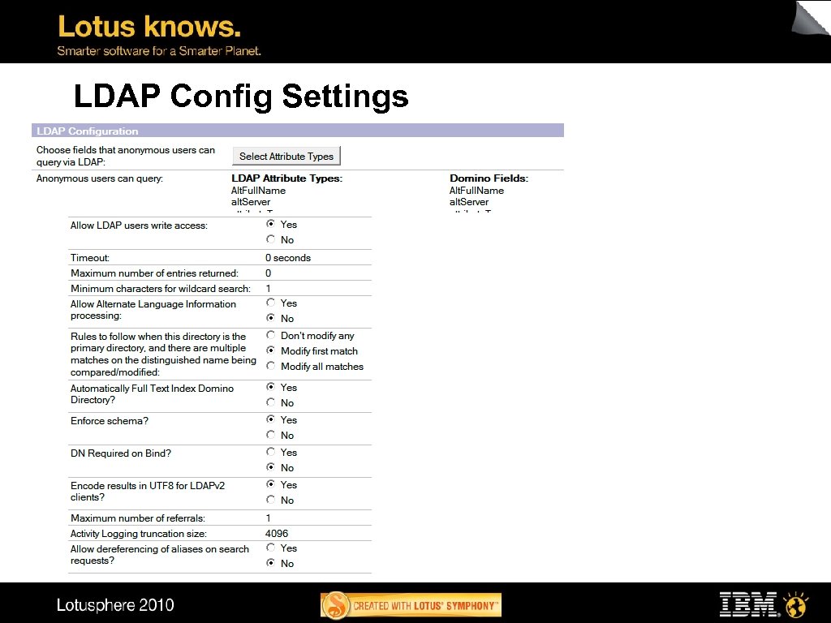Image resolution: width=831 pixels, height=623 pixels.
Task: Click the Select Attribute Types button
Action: tap(287, 157)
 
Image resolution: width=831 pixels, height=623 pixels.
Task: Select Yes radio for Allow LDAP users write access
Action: tap(270, 224)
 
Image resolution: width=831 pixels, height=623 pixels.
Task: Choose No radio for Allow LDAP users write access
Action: tap(270, 239)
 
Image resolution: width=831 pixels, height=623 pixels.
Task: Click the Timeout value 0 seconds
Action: tap(288, 258)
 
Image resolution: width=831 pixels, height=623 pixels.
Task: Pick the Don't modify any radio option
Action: tap(270, 335)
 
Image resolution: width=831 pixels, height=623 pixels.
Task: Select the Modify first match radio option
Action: tap(270, 350)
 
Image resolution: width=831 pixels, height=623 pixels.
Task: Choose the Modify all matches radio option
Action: tap(270, 366)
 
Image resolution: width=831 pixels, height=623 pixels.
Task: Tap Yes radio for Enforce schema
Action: tap(270, 419)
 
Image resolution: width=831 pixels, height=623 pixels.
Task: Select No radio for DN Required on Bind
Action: tap(270, 467)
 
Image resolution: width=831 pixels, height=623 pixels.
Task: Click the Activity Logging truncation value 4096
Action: tap(277, 534)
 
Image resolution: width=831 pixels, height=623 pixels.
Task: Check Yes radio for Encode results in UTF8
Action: tap(270, 484)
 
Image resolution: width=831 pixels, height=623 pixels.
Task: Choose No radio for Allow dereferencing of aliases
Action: tap(270, 563)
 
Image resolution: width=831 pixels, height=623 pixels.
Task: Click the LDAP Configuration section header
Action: tap(87, 131)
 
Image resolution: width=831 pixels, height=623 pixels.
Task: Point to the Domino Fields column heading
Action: tap(489, 178)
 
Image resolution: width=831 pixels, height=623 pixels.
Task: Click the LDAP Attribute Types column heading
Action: tap(286, 178)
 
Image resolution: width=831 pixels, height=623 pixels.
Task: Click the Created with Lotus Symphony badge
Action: tap(411, 605)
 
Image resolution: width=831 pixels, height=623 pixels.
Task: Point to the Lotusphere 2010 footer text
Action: tap(115, 605)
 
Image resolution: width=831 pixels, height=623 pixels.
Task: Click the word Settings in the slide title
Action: tap(345, 97)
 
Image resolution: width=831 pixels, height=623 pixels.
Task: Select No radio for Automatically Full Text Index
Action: tap(270, 402)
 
